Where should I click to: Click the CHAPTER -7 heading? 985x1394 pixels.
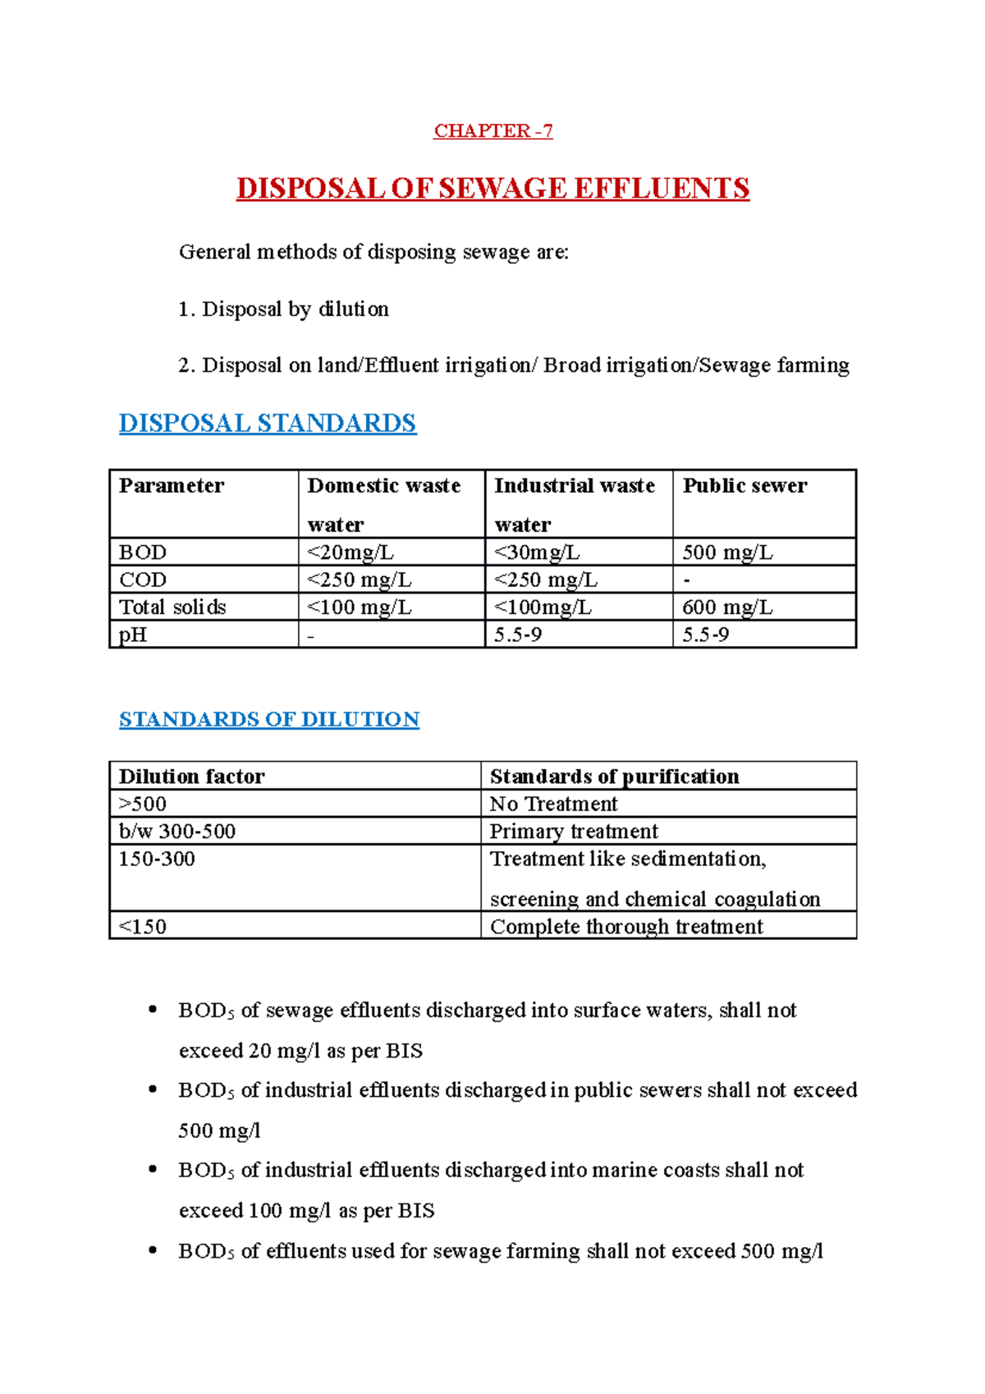click(x=492, y=131)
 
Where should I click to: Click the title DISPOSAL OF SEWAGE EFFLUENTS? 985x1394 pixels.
click(x=492, y=189)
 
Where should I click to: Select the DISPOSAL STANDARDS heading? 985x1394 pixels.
click(x=268, y=424)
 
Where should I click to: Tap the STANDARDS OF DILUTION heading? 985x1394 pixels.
click(x=269, y=719)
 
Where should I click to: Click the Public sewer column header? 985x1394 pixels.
click(x=744, y=486)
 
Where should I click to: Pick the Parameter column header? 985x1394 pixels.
click(x=172, y=486)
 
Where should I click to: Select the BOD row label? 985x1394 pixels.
click(x=143, y=553)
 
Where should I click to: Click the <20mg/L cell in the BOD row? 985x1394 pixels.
click(x=350, y=553)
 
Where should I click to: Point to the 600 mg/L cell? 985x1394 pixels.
click(x=727, y=608)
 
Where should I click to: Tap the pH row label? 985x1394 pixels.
click(x=133, y=635)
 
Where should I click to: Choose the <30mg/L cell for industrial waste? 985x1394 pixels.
click(x=537, y=553)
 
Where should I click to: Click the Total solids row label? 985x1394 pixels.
click(x=172, y=608)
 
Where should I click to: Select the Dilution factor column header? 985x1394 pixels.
click(x=192, y=777)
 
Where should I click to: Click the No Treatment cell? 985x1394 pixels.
click(x=553, y=804)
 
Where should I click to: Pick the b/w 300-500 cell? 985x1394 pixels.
click(x=177, y=832)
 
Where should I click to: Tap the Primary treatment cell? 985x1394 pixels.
click(x=574, y=832)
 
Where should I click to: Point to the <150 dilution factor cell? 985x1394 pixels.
click(x=143, y=927)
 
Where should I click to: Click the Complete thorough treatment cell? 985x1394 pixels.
click(x=626, y=927)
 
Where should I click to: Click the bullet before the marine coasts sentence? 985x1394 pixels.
click(x=153, y=1170)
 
